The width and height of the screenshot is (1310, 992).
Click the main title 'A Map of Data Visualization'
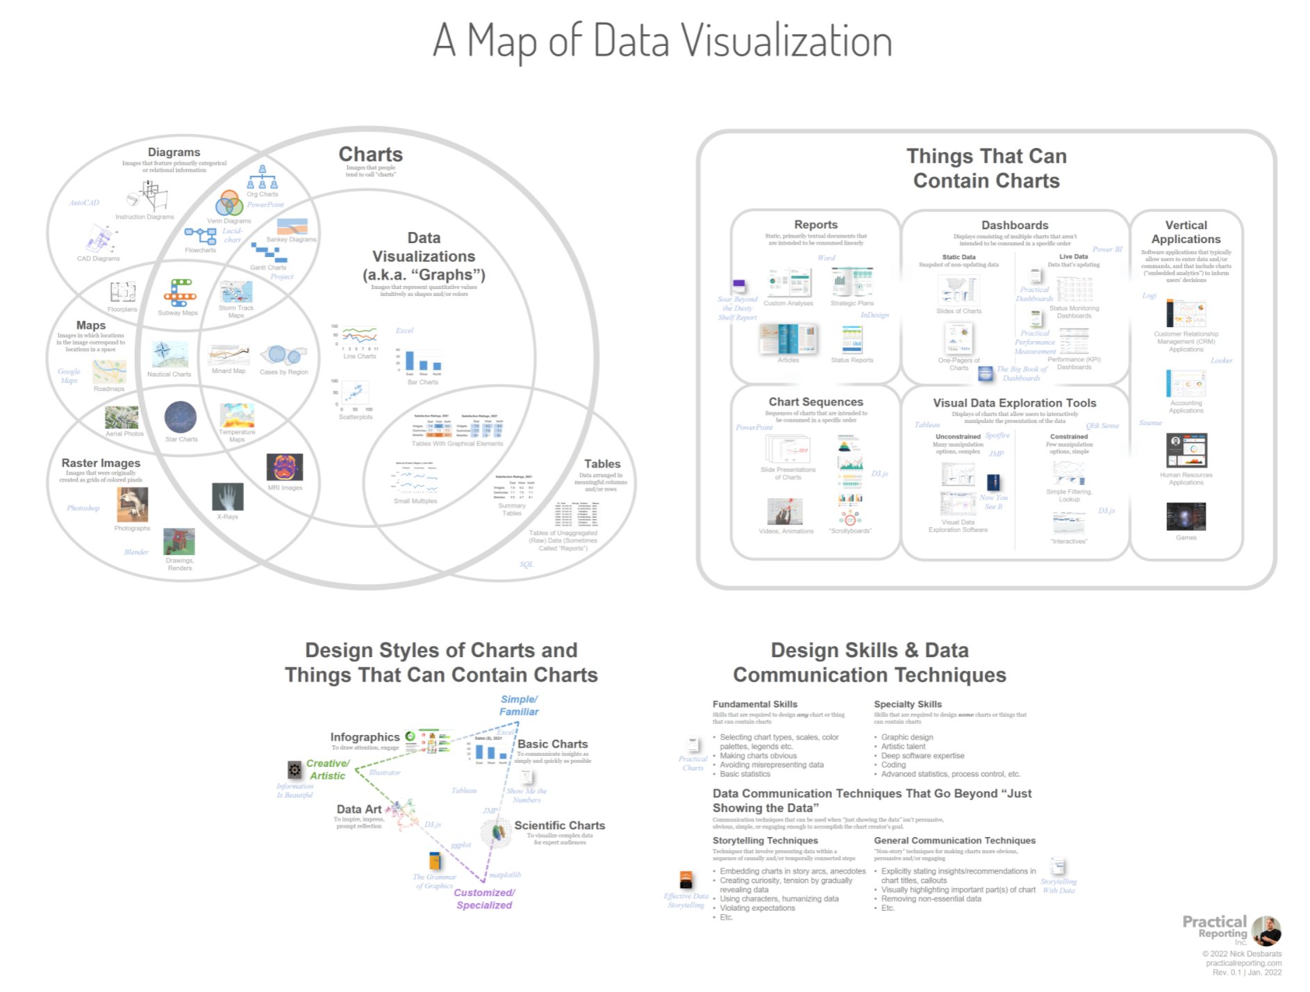coord(662,40)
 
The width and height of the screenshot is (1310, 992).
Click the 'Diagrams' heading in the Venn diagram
coord(174,152)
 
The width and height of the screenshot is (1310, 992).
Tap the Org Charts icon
coord(263,178)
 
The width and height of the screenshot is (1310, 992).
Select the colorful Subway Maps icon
coord(179,292)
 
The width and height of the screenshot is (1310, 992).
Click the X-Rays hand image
coord(228,497)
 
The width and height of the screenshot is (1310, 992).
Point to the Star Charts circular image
coord(181,418)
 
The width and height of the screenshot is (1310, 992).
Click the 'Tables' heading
coord(602,463)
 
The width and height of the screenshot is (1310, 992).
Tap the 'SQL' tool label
coord(527,564)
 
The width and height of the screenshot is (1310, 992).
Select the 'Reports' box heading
coord(815,224)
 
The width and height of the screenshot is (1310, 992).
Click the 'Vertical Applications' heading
coord(1186,232)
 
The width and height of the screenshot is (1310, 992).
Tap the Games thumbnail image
coord(1186,516)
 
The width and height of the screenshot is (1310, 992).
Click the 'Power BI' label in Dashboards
coord(1107,249)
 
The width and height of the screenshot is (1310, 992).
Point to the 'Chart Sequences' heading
coord(815,402)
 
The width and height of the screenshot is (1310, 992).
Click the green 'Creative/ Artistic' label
coord(328,769)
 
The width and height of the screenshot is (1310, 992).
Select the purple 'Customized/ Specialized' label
coord(484,898)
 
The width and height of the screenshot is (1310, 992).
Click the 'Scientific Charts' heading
coord(559,825)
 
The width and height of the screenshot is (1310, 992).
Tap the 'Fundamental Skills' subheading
coord(754,704)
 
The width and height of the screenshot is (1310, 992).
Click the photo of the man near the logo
coord(1266,931)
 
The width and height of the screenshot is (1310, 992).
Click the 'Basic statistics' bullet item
coord(745,774)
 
